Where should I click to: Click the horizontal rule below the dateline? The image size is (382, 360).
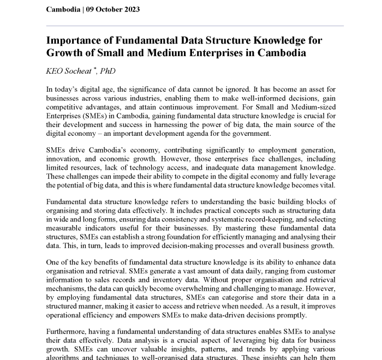(195, 26)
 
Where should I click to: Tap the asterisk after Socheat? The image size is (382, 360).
(94, 69)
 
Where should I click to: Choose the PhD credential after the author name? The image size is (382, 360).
(108, 71)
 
